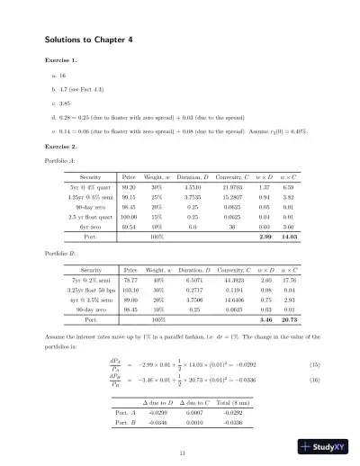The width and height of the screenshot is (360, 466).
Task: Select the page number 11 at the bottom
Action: (183, 452)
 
